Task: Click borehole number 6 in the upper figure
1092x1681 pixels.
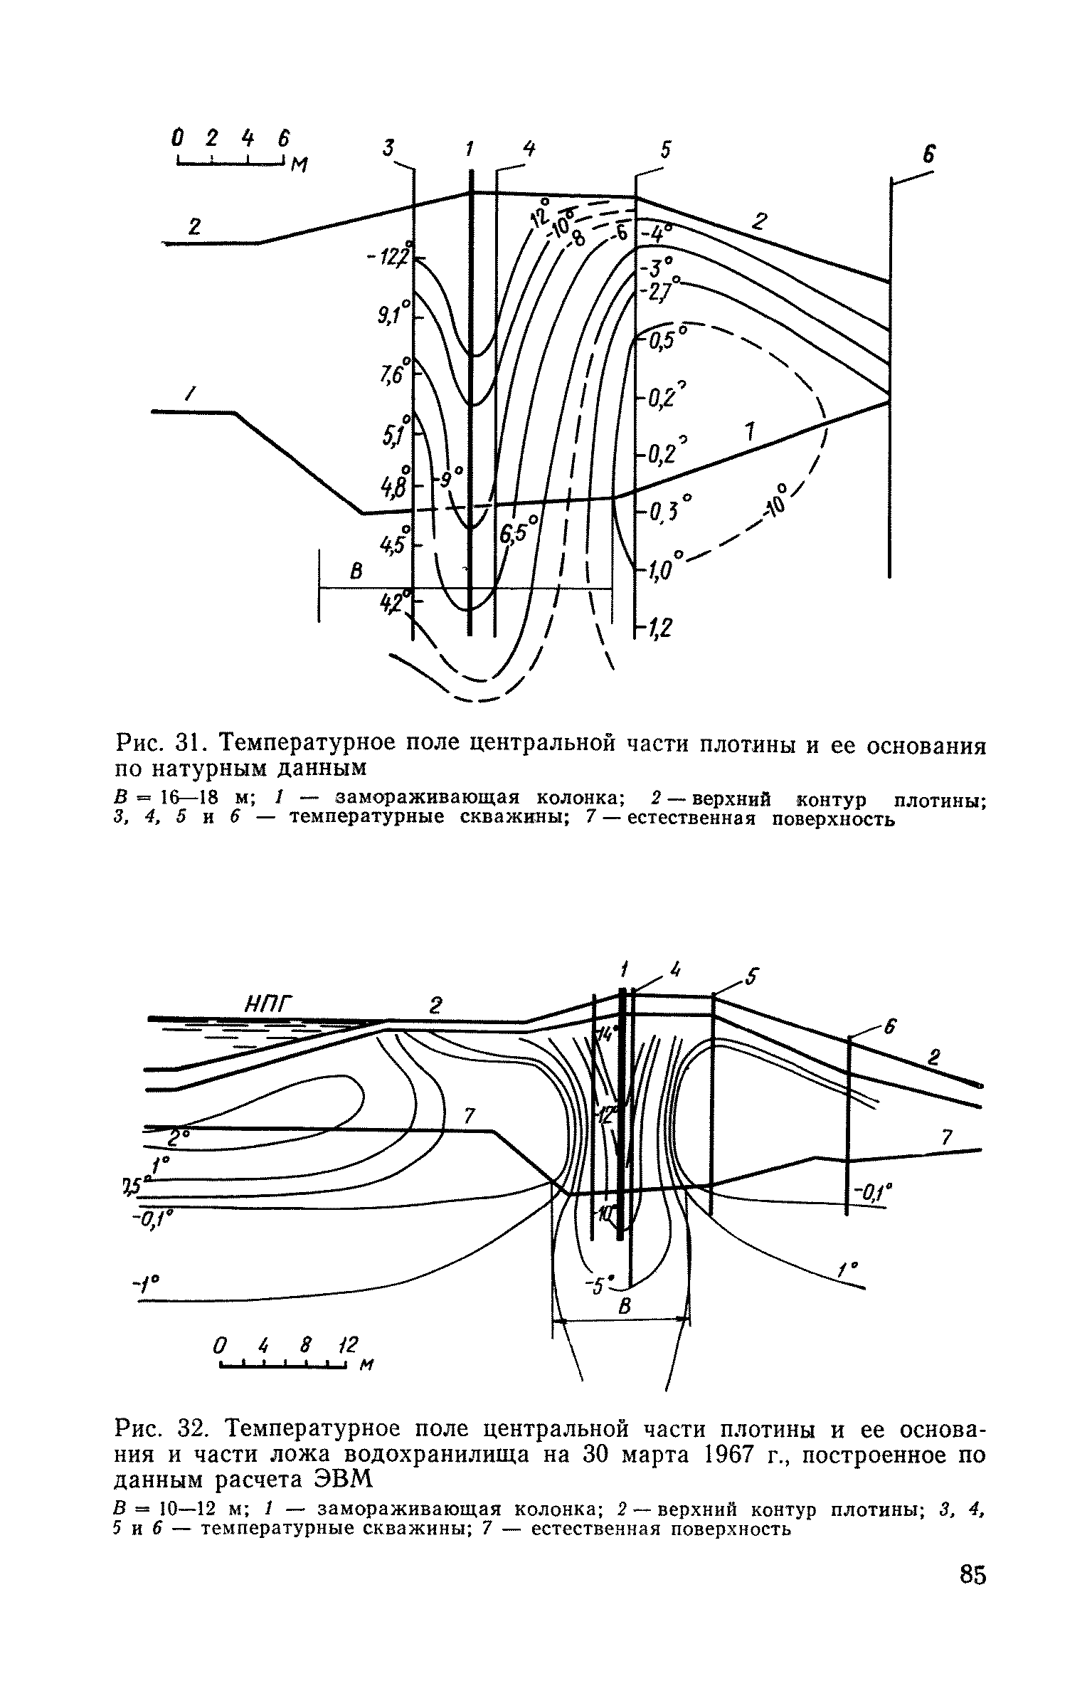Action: coord(928,154)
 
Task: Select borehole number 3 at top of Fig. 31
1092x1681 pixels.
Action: coord(388,148)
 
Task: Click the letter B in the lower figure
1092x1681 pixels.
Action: coord(625,1307)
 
